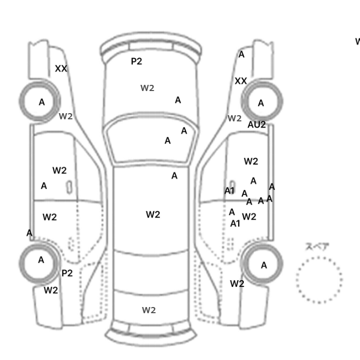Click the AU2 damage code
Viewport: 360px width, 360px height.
(x=257, y=124)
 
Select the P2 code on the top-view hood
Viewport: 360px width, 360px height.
(x=136, y=61)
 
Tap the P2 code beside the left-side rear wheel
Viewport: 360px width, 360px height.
(x=67, y=273)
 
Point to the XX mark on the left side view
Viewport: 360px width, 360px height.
(x=61, y=68)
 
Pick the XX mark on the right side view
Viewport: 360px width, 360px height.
(x=241, y=81)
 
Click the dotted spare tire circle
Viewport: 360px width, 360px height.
(x=319, y=280)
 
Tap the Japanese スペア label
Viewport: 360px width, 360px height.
(x=317, y=247)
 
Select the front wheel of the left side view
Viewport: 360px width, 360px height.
(x=41, y=102)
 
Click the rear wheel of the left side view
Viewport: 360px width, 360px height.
(x=41, y=261)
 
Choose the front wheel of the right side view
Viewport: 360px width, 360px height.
(x=262, y=103)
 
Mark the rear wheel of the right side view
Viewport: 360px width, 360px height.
(x=263, y=265)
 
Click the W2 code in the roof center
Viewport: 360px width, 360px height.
(x=153, y=214)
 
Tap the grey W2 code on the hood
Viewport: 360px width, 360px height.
(x=148, y=88)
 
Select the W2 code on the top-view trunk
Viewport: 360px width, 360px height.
(x=149, y=310)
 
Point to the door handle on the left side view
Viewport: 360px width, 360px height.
(x=68, y=187)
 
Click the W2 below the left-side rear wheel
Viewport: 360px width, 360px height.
(x=50, y=290)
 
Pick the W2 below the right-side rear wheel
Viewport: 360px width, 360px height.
(x=237, y=283)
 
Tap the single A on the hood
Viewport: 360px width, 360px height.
(x=178, y=100)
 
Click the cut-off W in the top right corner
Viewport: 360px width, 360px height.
(x=357, y=41)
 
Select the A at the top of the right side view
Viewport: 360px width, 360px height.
(x=241, y=55)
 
